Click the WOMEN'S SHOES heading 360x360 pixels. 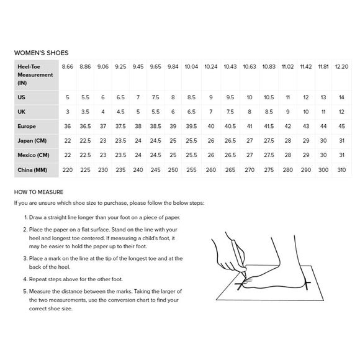coord(42,53)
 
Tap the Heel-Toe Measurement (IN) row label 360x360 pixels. coord(35,75)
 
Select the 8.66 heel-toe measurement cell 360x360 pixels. coord(68,67)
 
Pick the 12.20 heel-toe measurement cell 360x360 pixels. coord(341,67)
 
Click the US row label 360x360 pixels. coord(21,97)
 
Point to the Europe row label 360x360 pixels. coord(27,126)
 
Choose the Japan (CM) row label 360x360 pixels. coord(32,141)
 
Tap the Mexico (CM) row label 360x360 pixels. coord(34,155)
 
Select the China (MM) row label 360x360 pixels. coord(32,170)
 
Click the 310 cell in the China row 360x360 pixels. coord(341,170)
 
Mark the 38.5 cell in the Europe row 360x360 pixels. coord(155,126)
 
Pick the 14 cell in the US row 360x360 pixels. coord(341,97)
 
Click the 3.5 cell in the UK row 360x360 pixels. coord(85,112)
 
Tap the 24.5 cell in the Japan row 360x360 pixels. coord(155,141)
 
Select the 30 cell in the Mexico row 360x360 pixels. coord(323,155)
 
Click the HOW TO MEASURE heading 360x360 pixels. coord(39,192)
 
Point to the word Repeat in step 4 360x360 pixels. coord(37,279)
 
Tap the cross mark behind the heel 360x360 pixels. coord(307,284)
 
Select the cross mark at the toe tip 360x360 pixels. coord(240,285)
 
